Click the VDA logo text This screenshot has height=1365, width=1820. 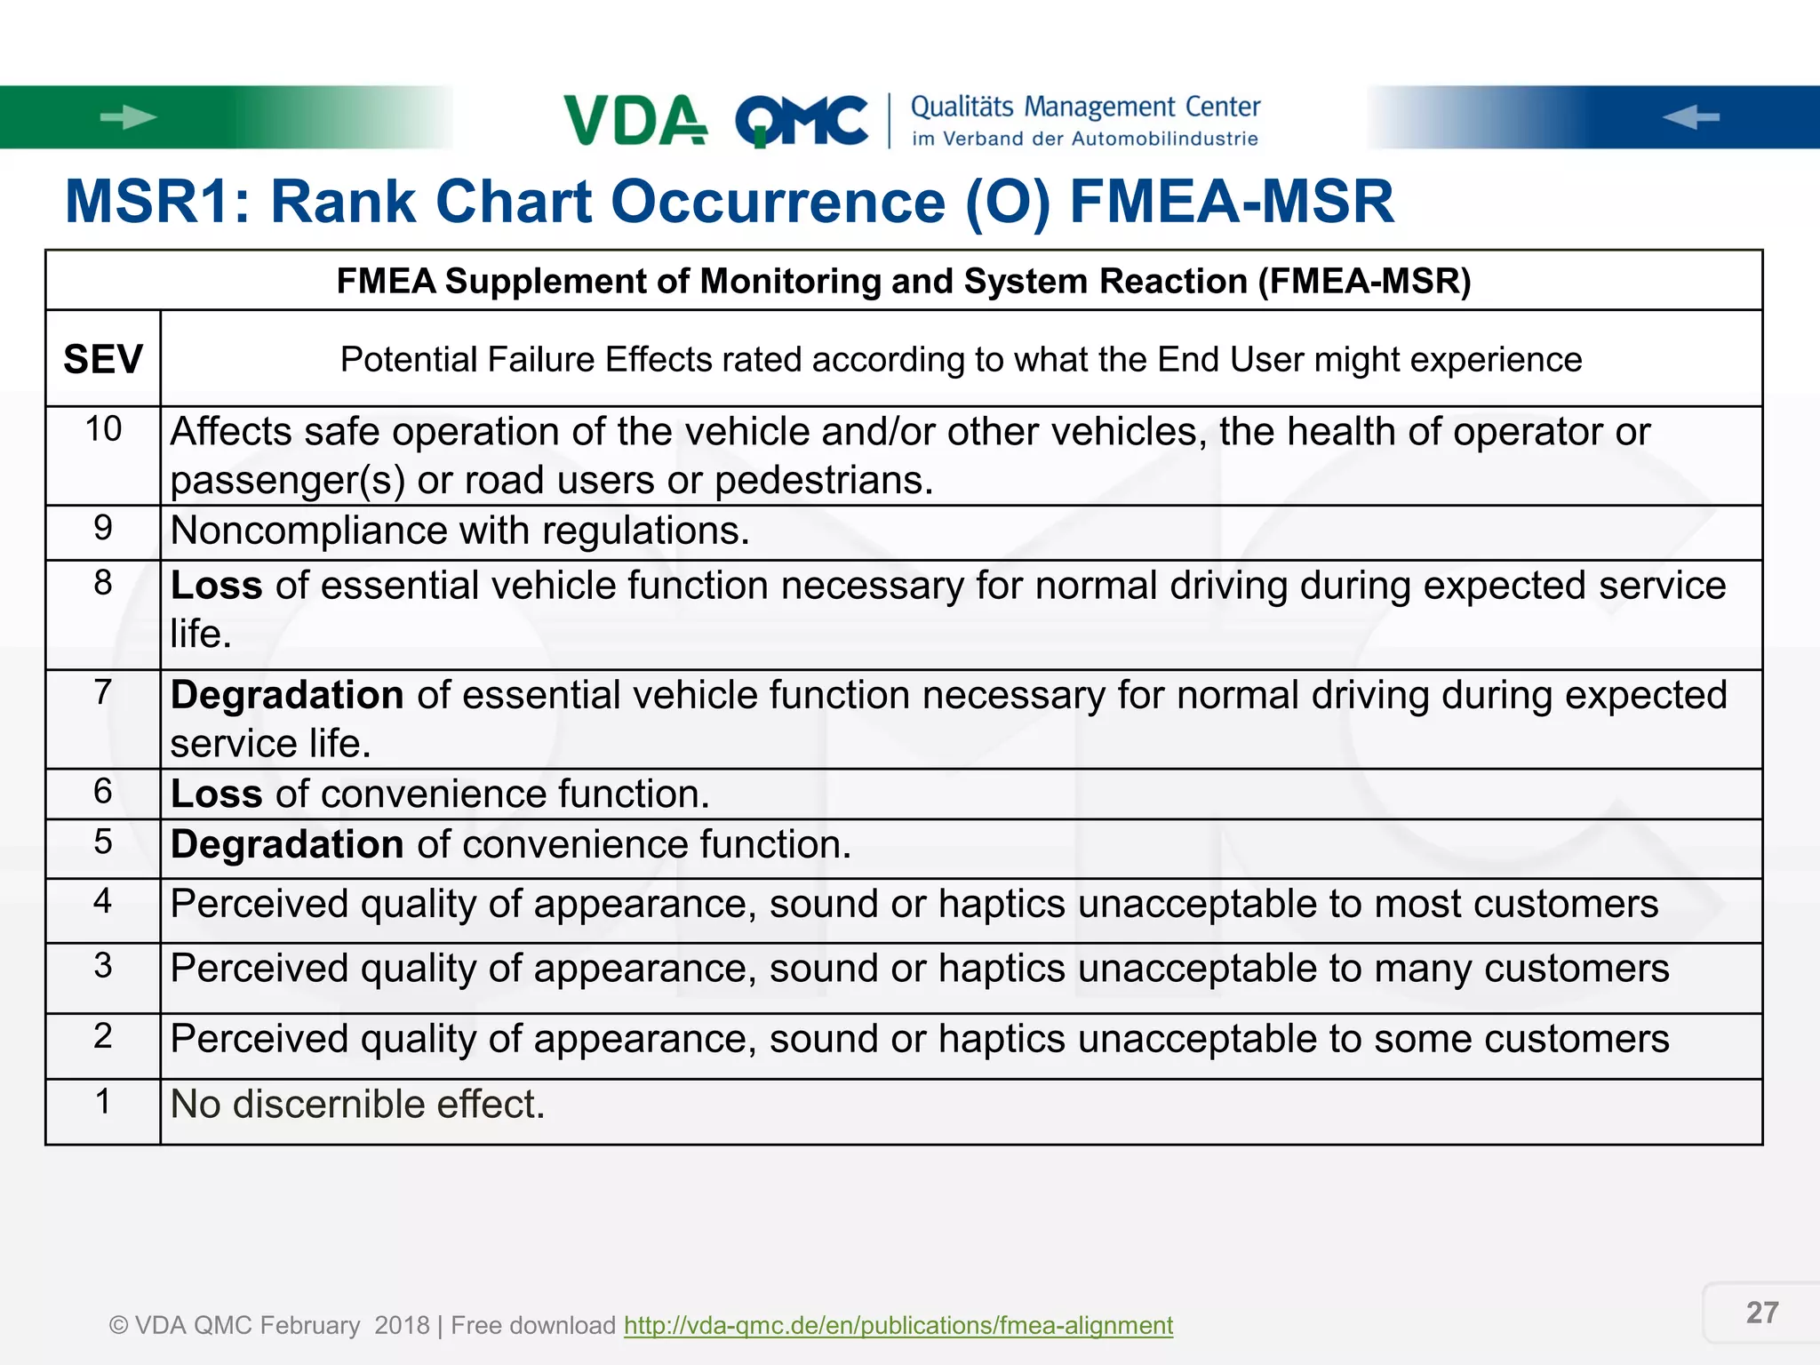[635, 120]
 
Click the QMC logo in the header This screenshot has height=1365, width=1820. [802, 121]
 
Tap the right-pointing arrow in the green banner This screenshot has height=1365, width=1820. [128, 117]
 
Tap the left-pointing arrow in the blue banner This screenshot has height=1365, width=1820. [1690, 117]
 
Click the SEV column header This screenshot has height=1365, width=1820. [103, 360]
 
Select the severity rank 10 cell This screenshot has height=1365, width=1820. [103, 429]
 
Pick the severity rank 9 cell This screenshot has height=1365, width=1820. [103, 528]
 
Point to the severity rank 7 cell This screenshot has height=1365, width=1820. [103, 691]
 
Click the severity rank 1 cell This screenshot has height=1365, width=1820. [103, 1102]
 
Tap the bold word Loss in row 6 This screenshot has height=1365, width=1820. [216, 794]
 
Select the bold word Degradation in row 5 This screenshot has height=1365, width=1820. [287, 844]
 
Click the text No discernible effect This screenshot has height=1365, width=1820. [357, 1105]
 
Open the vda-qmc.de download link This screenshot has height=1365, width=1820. [898, 1325]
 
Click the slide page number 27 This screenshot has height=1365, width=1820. [1761, 1313]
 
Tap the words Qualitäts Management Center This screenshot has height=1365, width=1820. [1085, 108]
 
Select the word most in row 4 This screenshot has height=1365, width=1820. [1417, 904]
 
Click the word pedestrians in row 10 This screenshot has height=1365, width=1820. [823, 481]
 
